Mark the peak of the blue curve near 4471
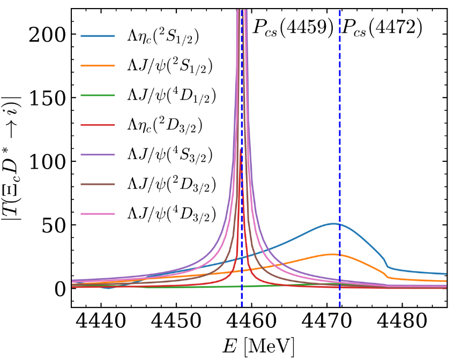(333, 223)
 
